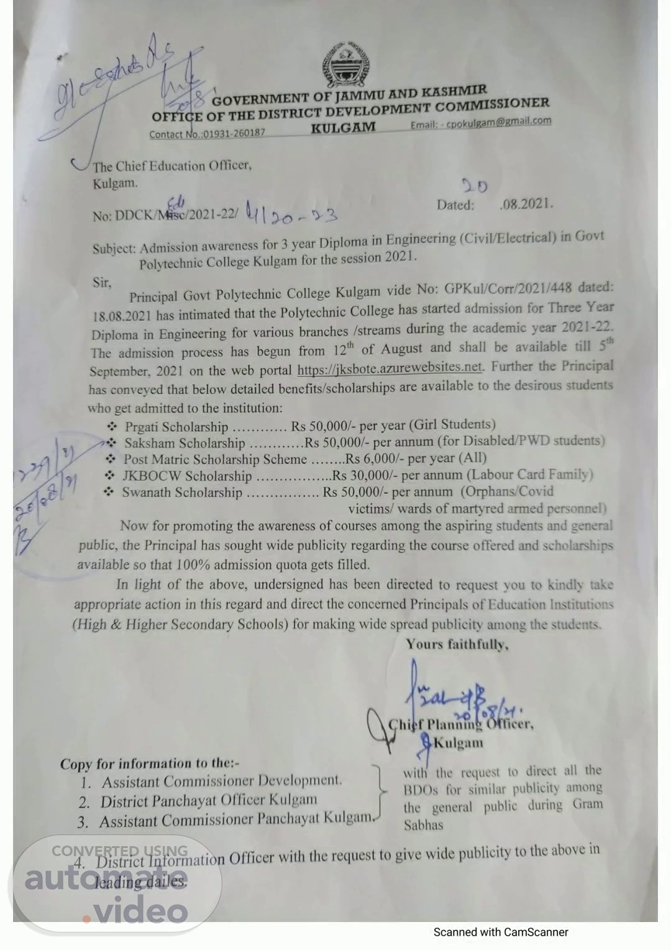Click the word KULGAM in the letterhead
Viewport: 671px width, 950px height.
(x=343, y=127)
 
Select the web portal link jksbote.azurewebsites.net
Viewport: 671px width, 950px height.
(x=390, y=367)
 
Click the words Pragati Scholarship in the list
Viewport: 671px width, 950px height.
(x=176, y=427)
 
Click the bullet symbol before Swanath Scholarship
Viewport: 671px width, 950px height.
(x=109, y=492)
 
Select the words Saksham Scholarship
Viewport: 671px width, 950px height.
(x=185, y=443)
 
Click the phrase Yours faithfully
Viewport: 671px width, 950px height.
(x=457, y=644)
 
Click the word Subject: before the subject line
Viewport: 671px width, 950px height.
(x=114, y=249)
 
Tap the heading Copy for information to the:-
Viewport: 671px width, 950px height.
(x=149, y=763)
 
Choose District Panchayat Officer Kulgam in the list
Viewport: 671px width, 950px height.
(x=209, y=800)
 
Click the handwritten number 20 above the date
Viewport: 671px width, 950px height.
(x=475, y=186)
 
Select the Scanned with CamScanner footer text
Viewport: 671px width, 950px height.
(x=501, y=932)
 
